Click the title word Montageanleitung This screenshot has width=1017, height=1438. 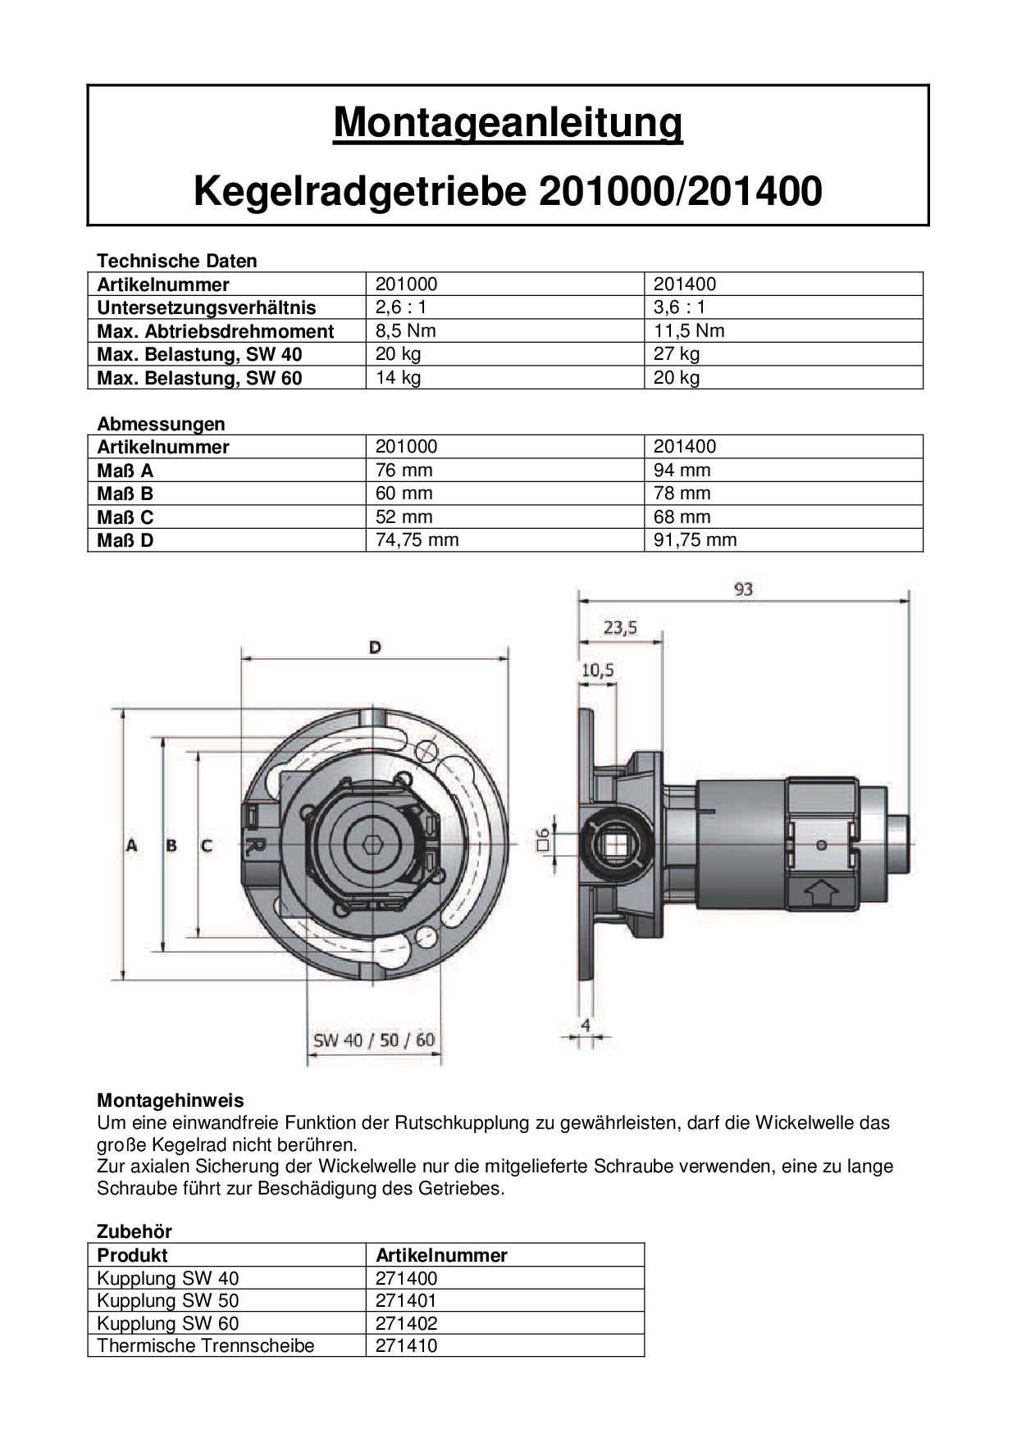pos(508,124)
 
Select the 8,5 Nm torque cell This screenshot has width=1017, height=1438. pos(405,330)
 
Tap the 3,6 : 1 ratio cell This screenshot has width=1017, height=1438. pos(679,307)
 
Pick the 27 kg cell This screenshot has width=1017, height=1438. pos(676,353)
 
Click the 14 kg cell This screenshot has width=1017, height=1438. pos(398,377)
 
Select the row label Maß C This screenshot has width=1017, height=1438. pos(125,517)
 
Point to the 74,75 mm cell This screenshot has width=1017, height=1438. pos(417,539)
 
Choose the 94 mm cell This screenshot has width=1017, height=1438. pos(682,470)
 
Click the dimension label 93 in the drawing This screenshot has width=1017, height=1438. pos(743,589)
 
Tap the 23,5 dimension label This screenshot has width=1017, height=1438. pos(620,628)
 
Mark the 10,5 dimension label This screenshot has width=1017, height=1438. pos(597,670)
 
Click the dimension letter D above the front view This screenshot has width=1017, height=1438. pos(375,647)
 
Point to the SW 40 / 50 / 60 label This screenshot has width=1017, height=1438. pos(374,1040)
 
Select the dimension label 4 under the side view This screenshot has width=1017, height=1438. pos(586,1025)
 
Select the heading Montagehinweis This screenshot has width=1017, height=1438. pos(170,1100)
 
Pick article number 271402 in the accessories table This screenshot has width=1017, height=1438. pos(406,1322)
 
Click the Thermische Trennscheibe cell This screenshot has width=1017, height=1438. pos(205,1345)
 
